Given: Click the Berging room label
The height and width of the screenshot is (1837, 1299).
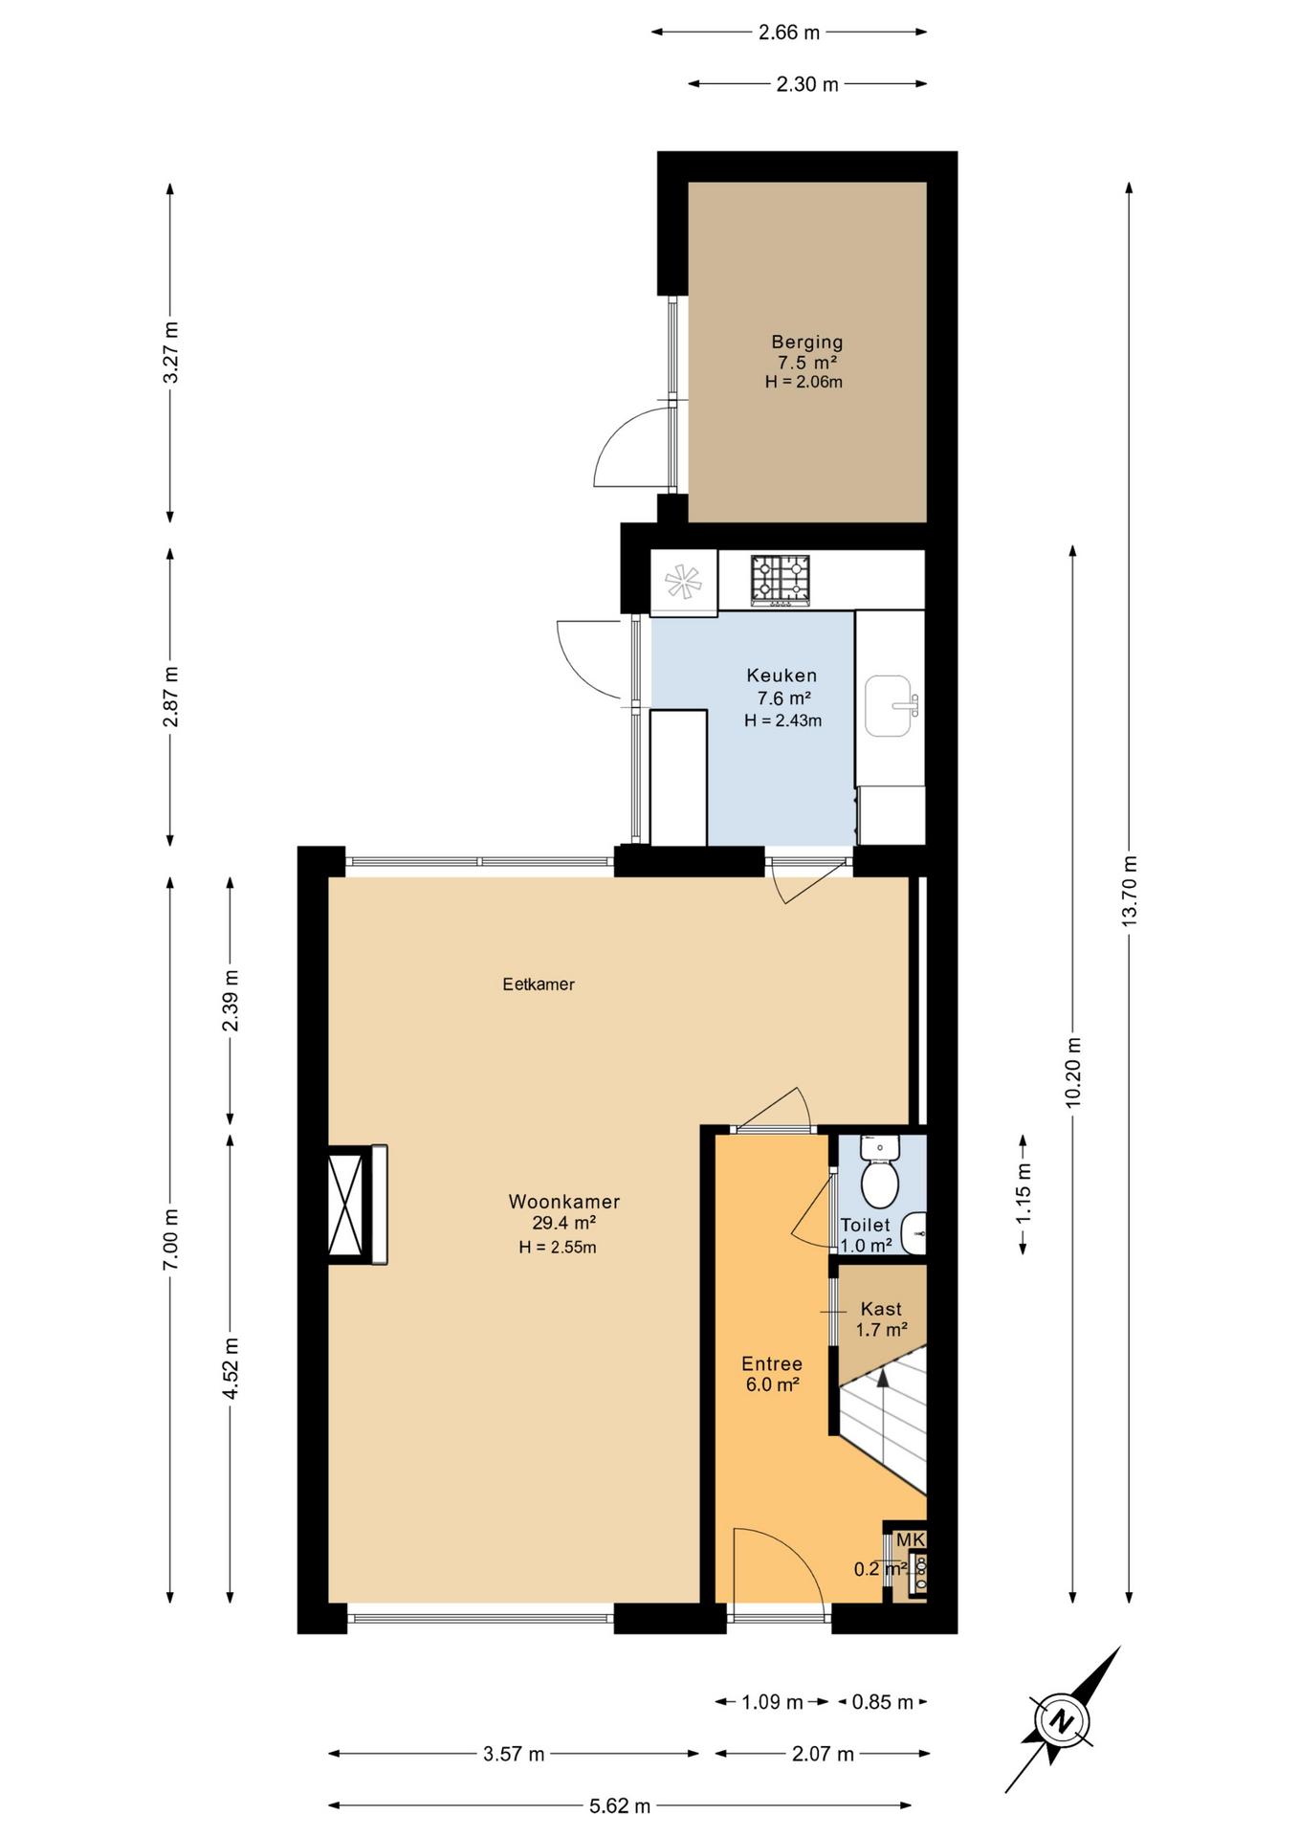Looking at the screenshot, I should [x=806, y=343].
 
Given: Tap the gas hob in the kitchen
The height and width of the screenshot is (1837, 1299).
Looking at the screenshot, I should [x=780, y=580].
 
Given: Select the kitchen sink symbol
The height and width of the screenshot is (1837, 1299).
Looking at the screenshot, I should [x=889, y=706].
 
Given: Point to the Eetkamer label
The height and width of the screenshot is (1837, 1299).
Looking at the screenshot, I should [x=539, y=985].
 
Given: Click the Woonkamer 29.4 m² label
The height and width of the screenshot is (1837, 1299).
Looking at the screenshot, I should [x=564, y=1212].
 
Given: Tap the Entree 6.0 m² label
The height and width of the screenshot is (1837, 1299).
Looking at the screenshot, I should [x=772, y=1374].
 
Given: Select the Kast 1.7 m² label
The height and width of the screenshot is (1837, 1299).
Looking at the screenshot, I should [x=881, y=1319].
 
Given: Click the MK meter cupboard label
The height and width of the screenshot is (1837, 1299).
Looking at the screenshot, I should [x=910, y=1539].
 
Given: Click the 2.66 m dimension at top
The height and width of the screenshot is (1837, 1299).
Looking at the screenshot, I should [x=789, y=33].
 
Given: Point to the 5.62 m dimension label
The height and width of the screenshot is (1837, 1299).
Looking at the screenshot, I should [x=619, y=1806].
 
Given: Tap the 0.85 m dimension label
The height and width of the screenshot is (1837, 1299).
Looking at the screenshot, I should [x=882, y=1702].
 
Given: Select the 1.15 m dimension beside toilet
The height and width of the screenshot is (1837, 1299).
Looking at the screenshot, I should [x=1024, y=1193].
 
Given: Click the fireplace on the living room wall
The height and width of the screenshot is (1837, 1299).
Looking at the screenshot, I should [x=356, y=1205].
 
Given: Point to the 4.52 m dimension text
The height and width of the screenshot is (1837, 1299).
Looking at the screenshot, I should [x=231, y=1367].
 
